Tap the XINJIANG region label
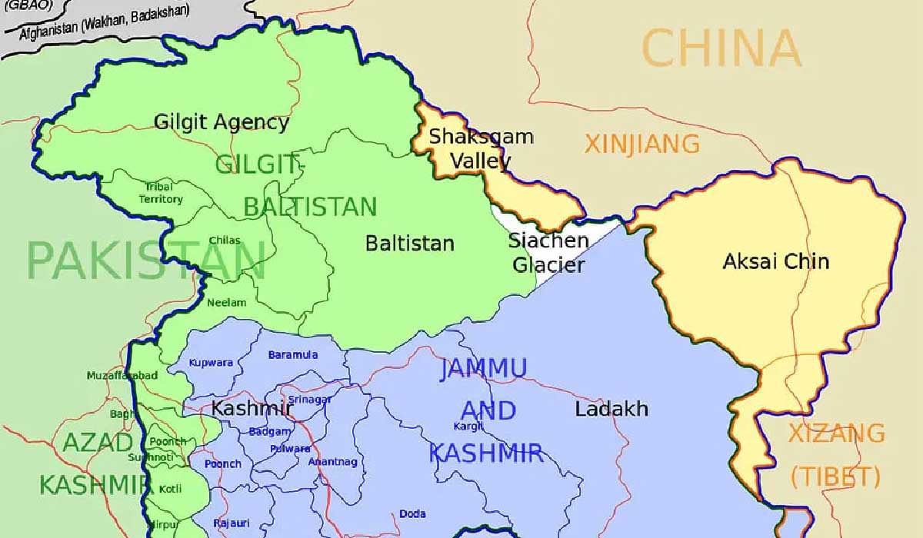click(x=642, y=144)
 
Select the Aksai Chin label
click(x=775, y=261)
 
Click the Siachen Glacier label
click(x=548, y=253)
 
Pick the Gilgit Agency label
click(x=222, y=121)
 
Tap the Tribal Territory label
click(x=161, y=193)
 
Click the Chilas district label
click(x=224, y=241)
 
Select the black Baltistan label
click(x=409, y=244)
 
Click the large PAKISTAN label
click(x=146, y=261)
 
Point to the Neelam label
click(x=226, y=303)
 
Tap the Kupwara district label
click(x=210, y=363)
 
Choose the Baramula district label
click(x=292, y=354)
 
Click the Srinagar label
click(x=311, y=400)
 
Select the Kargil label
click(x=468, y=425)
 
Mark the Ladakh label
click(x=611, y=409)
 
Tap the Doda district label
click(x=412, y=514)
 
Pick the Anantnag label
click(x=332, y=462)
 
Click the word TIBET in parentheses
click(x=835, y=477)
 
